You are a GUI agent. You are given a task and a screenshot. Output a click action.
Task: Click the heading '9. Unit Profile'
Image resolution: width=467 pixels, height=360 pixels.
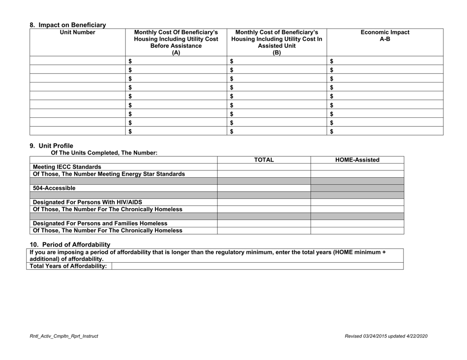tap(51, 145)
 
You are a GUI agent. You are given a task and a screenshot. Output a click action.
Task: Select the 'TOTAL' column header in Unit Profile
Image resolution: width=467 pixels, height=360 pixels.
tap(263, 160)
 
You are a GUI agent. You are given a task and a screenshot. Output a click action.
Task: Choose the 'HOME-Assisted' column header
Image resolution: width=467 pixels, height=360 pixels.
tap(357, 160)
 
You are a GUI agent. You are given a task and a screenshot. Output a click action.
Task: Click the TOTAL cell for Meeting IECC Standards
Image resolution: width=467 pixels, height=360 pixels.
tap(263, 166)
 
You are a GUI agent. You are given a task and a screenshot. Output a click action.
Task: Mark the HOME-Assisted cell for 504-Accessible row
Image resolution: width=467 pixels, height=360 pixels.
tap(357, 188)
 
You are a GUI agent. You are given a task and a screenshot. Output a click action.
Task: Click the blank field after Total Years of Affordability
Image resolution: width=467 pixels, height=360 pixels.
tap(258, 266)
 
